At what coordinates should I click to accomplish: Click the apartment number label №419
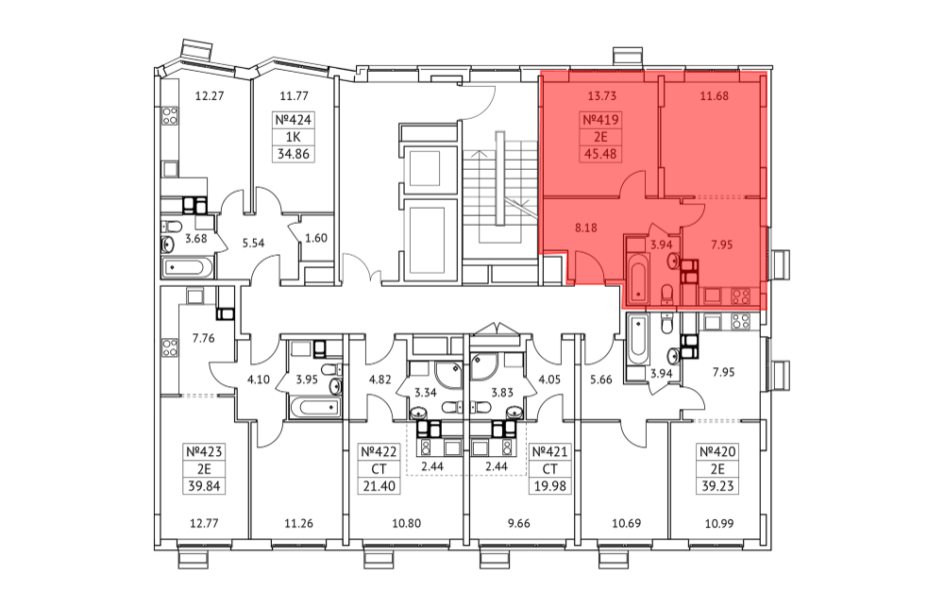600,120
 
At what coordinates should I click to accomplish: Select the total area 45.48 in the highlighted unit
600,154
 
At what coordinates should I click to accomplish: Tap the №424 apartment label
294,120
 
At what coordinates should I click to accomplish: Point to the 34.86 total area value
294,154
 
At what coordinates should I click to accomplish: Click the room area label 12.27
210,95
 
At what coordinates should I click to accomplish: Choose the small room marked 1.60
316,238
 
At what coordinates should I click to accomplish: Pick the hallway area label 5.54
253,244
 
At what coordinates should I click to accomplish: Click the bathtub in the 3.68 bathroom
187,267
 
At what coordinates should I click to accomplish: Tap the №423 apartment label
204,451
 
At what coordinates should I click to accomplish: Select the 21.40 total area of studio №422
379,485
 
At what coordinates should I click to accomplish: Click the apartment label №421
549,451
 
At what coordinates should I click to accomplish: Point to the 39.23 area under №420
717,485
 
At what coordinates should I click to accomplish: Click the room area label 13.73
601,95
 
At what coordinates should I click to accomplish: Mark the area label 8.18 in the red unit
586,228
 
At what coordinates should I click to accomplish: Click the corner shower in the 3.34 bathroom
447,375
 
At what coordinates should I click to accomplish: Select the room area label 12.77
204,523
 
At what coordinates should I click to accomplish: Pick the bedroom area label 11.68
714,95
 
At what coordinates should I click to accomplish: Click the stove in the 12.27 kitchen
170,115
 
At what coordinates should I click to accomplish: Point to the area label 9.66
519,523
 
